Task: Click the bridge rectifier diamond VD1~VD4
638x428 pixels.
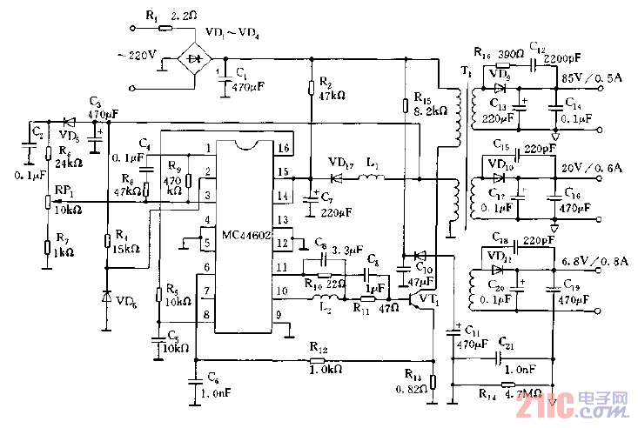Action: pos(196,58)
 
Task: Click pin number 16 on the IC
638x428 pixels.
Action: pos(282,148)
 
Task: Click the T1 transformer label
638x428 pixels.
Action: pos(468,74)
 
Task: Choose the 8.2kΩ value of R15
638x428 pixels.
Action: pos(430,110)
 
